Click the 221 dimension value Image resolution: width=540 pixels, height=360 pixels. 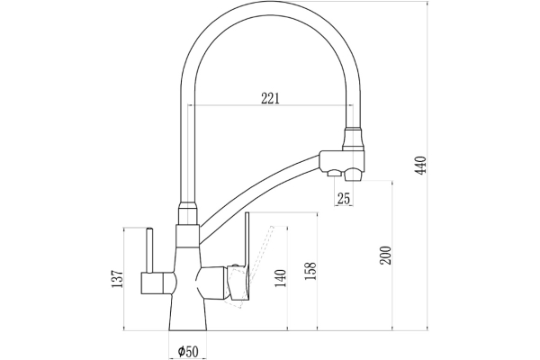click(270, 98)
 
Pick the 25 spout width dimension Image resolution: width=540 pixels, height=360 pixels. click(343, 198)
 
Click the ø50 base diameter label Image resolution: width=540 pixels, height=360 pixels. click(188, 349)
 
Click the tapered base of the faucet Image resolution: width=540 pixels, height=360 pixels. click(188, 315)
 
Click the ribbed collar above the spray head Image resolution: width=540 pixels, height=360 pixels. click(354, 139)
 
